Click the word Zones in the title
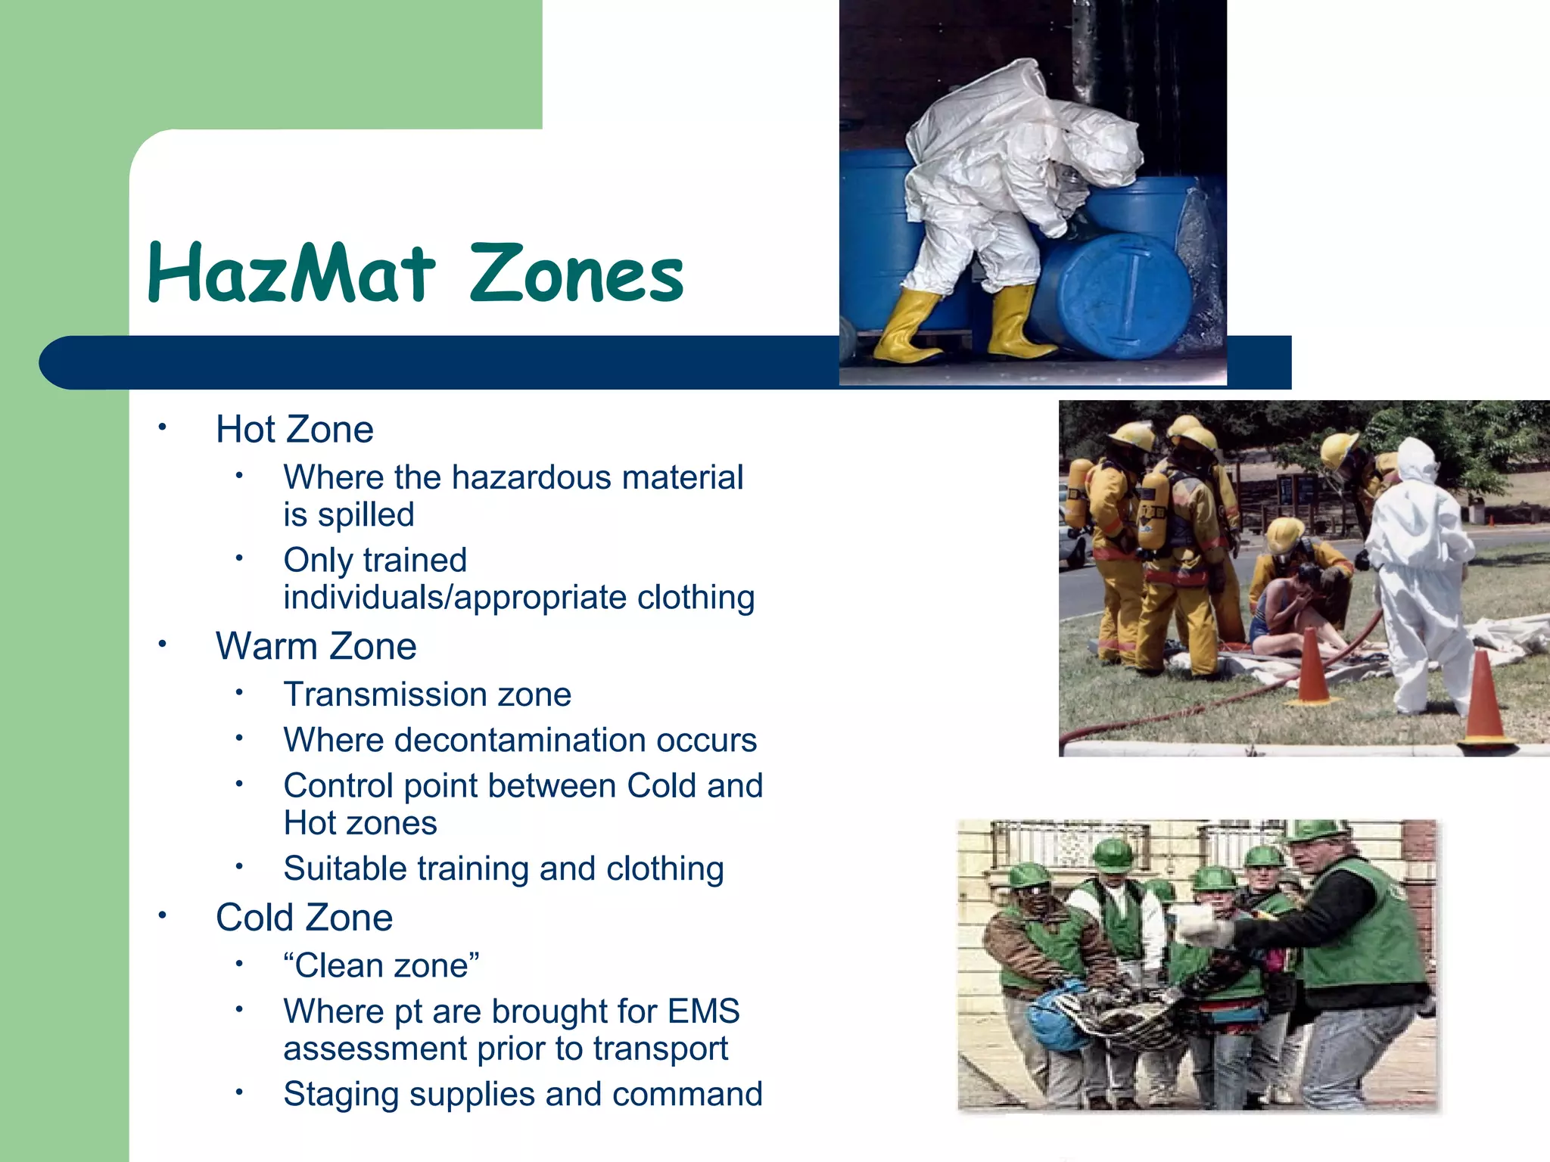[x=577, y=274]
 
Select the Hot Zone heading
[x=294, y=430]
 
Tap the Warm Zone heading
[x=316, y=647]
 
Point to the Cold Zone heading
[x=304, y=918]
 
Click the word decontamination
[x=520, y=740]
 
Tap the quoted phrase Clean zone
[x=381, y=966]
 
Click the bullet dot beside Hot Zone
[x=161, y=427]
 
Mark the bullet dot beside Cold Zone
[x=161, y=915]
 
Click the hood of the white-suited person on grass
[x=1417, y=458]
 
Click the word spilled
[x=366, y=515]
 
